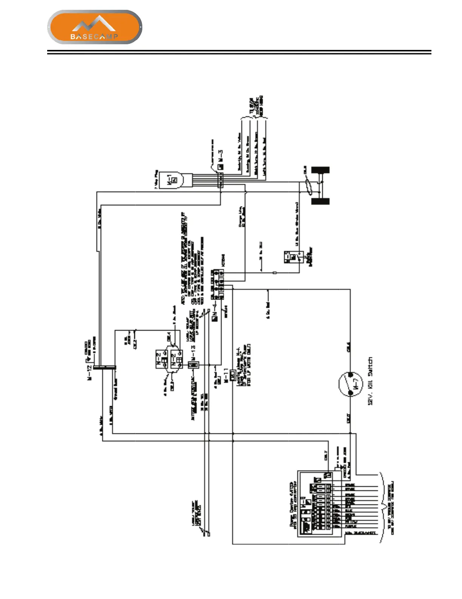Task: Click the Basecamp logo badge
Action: point(94,27)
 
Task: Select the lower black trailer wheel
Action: point(320,201)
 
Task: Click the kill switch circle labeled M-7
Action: point(351,385)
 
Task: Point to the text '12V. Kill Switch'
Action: point(371,381)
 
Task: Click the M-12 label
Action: point(90,373)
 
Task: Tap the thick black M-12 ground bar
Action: point(105,367)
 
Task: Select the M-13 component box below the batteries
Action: point(193,365)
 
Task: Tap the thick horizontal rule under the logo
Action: point(239,52)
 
